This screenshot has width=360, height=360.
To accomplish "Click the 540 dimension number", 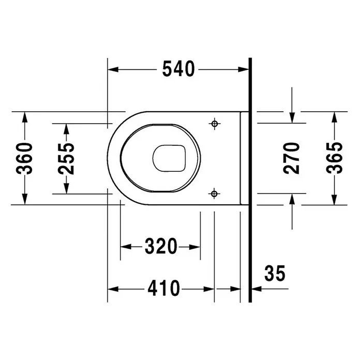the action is coord(178,69).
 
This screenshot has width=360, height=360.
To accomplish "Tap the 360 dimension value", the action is coord(24,158).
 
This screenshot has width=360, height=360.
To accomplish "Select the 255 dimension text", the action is coord(66,159).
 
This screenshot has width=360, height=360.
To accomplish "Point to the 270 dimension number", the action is coord(292,158).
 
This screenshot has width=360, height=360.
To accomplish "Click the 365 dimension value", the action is coord(334,158).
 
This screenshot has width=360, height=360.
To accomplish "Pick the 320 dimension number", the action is coord(161,246).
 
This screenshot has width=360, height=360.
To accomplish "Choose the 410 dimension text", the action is coord(163,289).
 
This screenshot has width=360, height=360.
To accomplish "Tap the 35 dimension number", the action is coord(275,273).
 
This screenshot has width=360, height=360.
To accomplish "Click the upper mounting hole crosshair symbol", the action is coord(215,124).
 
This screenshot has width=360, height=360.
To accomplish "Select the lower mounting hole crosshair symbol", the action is coord(214,194).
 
